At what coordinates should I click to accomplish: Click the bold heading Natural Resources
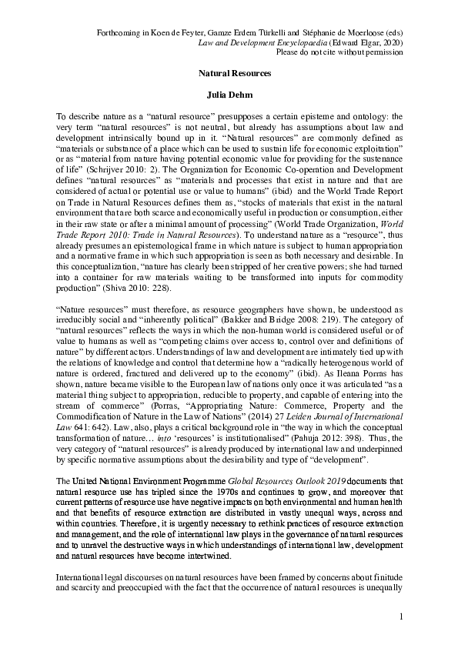229,75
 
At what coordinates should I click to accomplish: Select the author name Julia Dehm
229,95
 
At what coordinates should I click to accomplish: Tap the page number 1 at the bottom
401,616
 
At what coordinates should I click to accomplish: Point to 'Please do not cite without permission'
338,54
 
